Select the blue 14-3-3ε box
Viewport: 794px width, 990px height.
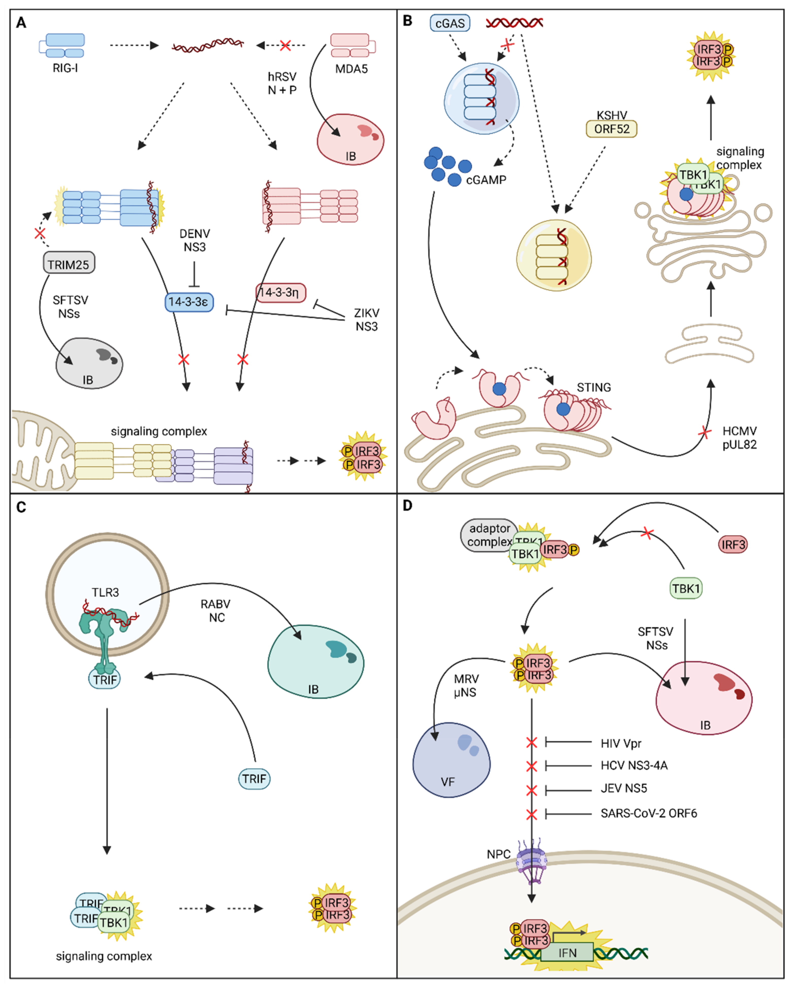coord(189,302)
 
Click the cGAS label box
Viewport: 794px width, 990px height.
coord(450,23)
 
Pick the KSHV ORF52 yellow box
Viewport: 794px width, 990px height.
coord(611,129)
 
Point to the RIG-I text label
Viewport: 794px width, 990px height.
coord(65,68)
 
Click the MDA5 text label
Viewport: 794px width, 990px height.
coord(351,69)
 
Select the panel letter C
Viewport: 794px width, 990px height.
coord(21,507)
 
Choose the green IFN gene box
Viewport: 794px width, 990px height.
coord(567,953)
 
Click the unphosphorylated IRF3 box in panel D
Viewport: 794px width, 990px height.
coord(733,544)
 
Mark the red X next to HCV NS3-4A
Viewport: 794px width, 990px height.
coord(531,766)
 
